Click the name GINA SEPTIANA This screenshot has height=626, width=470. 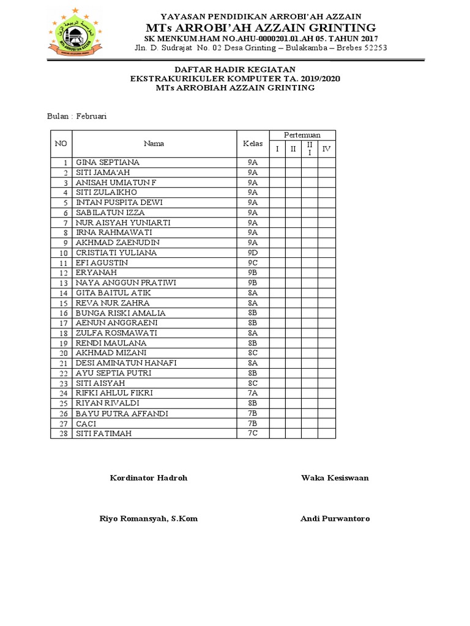coord(107,163)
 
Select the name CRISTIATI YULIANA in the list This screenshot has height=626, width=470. coord(116,253)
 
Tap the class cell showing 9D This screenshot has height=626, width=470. coord(253,253)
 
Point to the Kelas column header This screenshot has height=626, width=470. coord(253,144)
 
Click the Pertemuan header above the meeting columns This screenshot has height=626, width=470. coord(302,135)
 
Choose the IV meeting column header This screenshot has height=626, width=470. coord(326,149)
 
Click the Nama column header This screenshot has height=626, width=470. coord(154,144)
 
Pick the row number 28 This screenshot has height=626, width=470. coord(62,434)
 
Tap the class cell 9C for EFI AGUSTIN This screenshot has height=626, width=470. coord(253,263)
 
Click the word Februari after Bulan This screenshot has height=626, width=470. coord(92,116)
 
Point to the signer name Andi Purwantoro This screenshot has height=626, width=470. coord(335,519)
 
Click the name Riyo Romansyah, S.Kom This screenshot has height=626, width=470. coord(149,519)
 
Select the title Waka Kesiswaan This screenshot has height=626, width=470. coord(335,478)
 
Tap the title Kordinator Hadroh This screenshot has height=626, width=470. coord(149,478)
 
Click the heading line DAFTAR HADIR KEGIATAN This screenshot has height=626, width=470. coord(235,70)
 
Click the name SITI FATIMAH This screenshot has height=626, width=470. coord(103,434)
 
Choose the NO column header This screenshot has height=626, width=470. coord(61,144)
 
